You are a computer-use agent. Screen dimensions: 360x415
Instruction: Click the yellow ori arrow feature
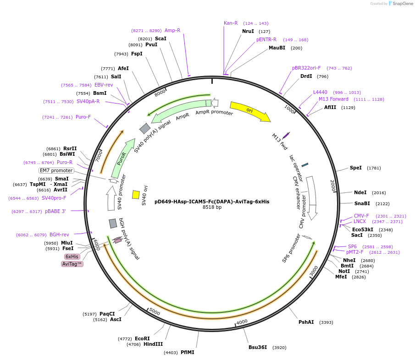(250, 111)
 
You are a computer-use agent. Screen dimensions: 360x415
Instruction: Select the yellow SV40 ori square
(136, 195)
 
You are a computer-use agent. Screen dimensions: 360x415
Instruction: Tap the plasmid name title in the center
(212, 202)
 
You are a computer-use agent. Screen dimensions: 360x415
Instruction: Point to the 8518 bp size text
(212, 207)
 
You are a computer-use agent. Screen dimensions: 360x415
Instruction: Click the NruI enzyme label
(248, 32)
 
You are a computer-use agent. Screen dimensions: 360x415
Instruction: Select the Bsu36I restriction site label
(258, 347)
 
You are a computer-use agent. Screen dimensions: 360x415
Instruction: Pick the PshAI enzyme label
(306, 322)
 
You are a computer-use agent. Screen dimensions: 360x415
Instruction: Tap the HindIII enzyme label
(153, 344)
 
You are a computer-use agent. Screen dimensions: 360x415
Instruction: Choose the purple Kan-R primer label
(231, 23)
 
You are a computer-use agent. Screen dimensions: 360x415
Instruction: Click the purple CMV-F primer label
(361, 216)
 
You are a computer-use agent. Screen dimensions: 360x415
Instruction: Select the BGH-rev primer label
(59, 235)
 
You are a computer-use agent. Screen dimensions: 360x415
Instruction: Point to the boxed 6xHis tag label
(72, 256)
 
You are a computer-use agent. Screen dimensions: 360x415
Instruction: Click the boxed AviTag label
(72, 264)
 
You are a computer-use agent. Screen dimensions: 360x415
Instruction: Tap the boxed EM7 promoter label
(56, 170)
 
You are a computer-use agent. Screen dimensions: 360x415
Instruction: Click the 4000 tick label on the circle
(242, 322)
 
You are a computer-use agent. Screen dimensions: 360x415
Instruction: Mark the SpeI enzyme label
(356, 168)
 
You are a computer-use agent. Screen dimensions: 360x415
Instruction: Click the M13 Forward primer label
(333, 99)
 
